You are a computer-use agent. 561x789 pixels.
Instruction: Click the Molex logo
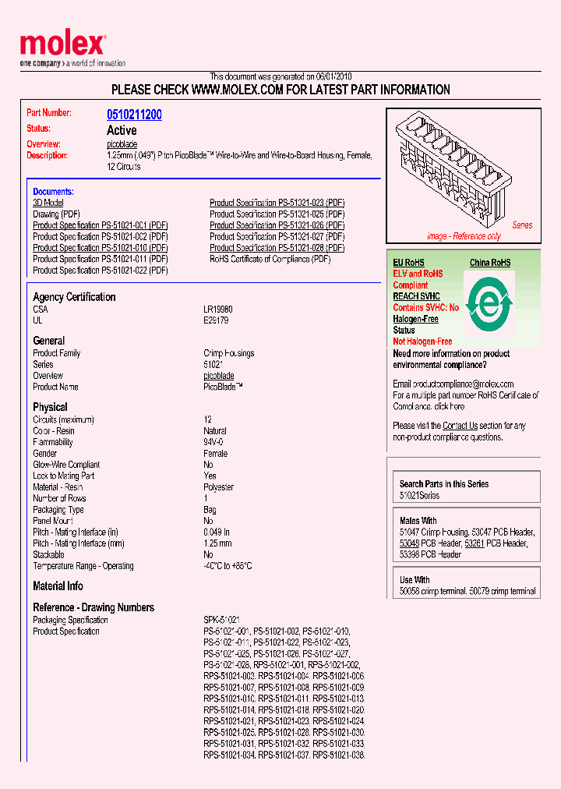62,45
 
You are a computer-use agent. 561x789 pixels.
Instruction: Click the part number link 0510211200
134,115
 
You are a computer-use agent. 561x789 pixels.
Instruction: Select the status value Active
122,130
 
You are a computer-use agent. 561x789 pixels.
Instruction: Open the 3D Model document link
48,203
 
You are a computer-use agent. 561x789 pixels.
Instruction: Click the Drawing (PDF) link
56,214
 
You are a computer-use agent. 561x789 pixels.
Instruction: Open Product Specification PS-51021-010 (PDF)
100,248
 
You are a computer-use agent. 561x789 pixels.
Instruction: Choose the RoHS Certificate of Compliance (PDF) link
270,259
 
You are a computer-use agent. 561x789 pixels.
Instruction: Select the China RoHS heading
490,263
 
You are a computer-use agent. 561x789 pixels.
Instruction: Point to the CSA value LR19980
218,310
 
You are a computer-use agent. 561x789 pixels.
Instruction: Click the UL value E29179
217,320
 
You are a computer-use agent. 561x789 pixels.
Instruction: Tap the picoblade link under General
219,376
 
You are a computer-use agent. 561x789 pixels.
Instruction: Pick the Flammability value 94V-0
215,442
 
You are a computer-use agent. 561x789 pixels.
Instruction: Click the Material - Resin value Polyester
218,487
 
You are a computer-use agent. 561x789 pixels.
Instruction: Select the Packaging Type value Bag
210,510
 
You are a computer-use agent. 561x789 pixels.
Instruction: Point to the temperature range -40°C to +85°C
228,566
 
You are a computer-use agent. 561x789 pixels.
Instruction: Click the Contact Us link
460,426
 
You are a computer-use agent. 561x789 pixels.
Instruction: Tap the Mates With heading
418,521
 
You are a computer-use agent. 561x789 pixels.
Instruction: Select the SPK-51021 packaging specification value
221,620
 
